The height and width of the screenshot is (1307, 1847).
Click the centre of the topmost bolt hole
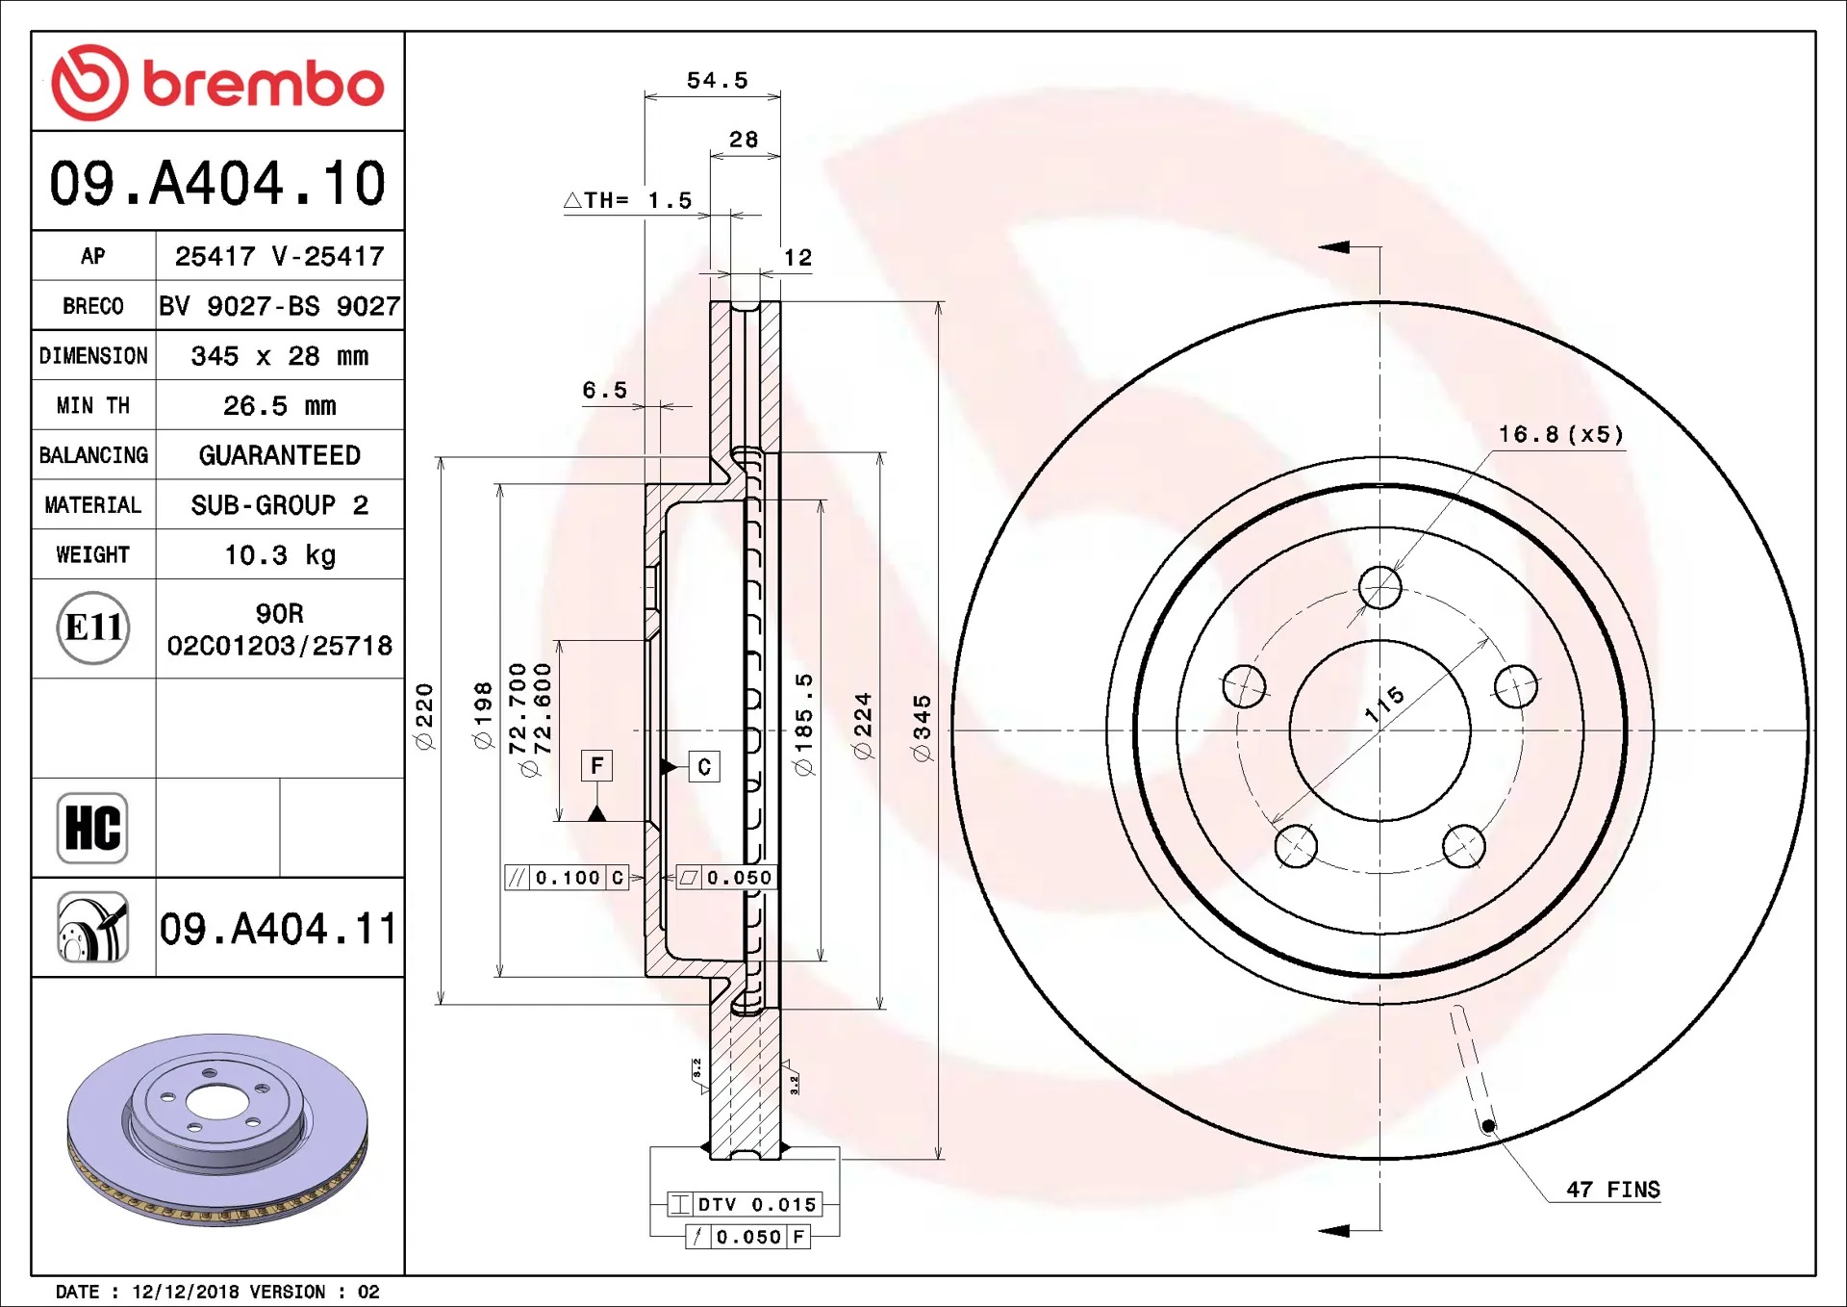point(1380,587)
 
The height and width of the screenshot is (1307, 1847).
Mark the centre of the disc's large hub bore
point(1380,730)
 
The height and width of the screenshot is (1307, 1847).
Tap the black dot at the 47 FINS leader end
point(1488,1125)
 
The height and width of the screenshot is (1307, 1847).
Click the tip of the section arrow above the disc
point(1319,247)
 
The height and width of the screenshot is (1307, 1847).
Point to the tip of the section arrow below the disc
point(1319,1230)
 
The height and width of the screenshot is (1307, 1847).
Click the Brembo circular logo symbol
point(89,83)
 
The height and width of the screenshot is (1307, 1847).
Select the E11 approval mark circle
point(93,628)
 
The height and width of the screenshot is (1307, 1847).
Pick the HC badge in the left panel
point(92,828)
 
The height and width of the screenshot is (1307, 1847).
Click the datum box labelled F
point(597,766)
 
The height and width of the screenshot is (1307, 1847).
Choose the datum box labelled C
point(704,766)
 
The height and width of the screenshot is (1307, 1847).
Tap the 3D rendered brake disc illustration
point(217,1129)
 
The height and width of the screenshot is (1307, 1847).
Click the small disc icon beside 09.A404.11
point(92,927)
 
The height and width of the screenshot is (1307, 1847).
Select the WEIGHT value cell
point(280,554)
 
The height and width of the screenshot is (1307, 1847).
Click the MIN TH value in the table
point(280,406)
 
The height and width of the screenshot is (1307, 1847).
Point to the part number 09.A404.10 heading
point(217,182)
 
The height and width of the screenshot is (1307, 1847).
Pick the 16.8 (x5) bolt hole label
point(1561,434)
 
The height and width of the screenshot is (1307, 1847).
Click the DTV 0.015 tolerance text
point(757,1204)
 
